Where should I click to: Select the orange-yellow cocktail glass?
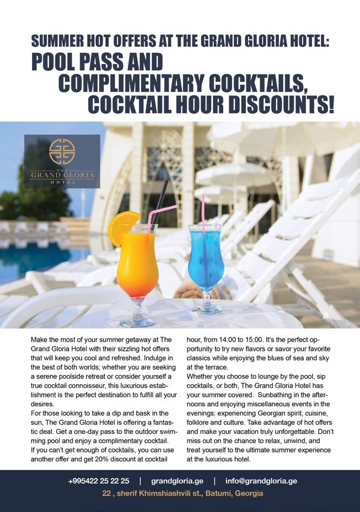137,265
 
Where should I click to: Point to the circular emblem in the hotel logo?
62,152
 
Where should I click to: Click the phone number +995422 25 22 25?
99,481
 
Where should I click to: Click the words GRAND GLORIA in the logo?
62,175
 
